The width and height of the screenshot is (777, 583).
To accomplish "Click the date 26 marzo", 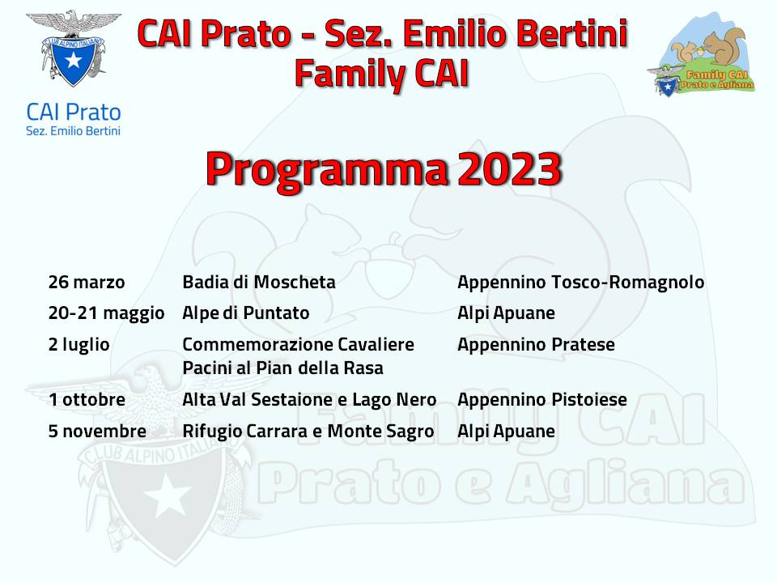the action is point(87,282).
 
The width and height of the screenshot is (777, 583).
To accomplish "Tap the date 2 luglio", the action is point(79,345).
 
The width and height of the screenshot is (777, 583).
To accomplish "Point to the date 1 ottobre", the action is point(87,399).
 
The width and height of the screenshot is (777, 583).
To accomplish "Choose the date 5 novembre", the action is point(97,432).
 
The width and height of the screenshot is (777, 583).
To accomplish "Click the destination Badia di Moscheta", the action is point(259,282).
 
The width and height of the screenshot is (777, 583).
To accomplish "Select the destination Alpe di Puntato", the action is point(246,313).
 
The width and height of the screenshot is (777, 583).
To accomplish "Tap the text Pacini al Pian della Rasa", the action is point(283,368).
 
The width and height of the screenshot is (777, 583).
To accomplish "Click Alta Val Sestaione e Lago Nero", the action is point(310,400).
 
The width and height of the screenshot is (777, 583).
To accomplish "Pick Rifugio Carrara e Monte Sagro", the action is point(308,432).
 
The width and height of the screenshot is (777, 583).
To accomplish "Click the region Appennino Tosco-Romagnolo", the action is point(581,283).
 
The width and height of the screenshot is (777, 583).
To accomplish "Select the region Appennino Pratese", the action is point(536,345).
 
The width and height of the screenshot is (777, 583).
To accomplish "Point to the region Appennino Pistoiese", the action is point(542,400).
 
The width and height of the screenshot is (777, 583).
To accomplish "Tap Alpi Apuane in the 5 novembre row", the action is point(506,432).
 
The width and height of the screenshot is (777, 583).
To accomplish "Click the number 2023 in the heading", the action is point(510,169).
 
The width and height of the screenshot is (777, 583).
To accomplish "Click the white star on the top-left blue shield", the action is point(74,60).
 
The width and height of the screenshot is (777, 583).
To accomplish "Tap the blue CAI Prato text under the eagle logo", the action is point(74,113).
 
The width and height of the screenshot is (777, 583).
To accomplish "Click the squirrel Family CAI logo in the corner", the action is point(702,54).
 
